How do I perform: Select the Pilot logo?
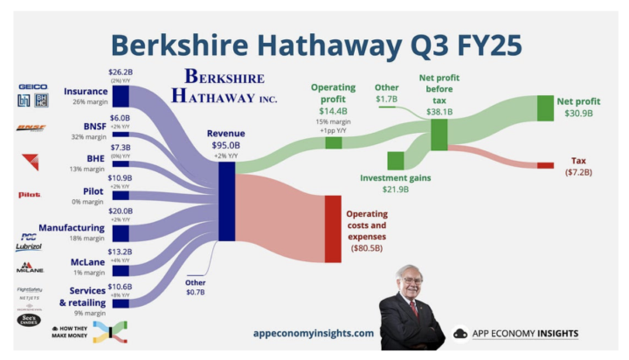[x=29, y=194]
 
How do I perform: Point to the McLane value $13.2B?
[x=120, y=252]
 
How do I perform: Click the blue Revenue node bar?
[x=226, y=201]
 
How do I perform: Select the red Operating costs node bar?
[x=332, y=229]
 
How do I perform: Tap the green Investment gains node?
[x=395, y=161]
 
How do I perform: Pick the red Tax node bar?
[x=545, y=165]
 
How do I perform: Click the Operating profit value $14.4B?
[x=332, y=112]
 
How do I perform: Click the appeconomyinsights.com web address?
[x=313, y=333]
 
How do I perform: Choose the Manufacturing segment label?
[x=73, y=227]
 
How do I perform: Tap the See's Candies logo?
[x=29, y=320]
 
